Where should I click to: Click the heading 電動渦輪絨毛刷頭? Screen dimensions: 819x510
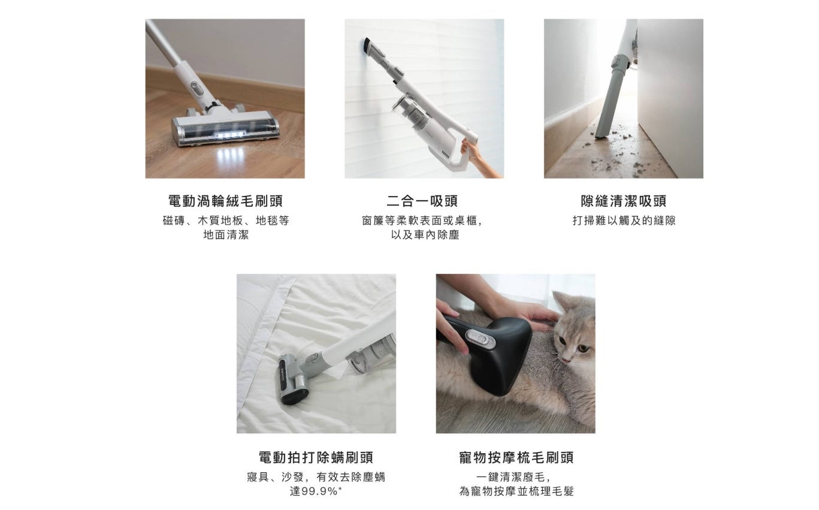225,201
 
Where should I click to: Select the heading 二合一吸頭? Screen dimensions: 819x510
422,201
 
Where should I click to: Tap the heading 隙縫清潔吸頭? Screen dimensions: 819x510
624,201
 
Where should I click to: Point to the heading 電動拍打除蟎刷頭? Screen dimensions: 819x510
316,457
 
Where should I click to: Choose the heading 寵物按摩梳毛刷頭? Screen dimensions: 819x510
516,457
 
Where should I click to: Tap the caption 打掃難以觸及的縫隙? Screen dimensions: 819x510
624,221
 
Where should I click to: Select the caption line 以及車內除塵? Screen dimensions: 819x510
425,234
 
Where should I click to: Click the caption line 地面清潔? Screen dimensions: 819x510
226,234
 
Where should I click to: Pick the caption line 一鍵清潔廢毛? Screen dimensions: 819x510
513,476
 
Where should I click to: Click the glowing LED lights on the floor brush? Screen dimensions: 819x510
230,135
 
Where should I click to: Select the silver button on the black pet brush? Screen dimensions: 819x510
480,339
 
